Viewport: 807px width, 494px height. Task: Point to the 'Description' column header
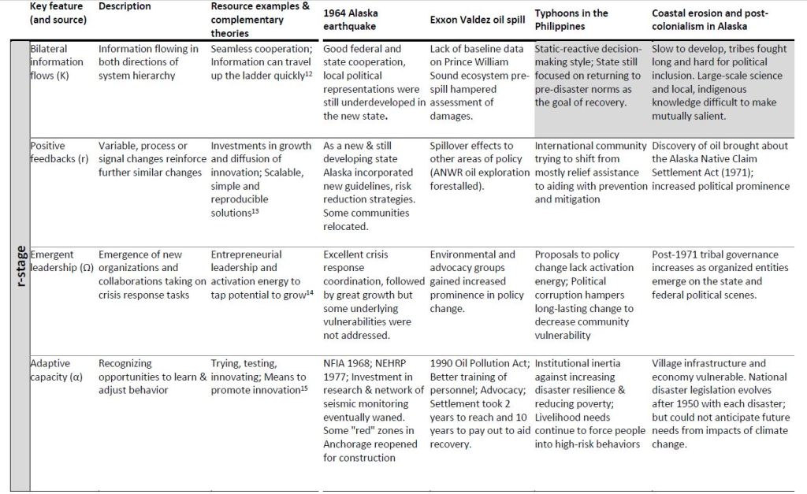pyautogui.click(x=125, y=6)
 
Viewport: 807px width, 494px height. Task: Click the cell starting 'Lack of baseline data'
pyautogui.click(x=478, y=82)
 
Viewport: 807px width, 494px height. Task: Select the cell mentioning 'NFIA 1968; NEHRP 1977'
pyautogui.click(x=371, y=410)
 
